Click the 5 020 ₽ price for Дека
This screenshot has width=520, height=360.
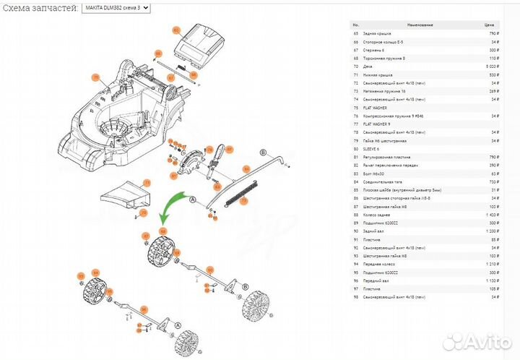click(490, 66)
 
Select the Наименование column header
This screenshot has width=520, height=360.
click(420, 25)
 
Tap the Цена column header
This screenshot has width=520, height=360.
click(489, 25)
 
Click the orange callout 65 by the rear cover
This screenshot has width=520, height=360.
click(175, 30)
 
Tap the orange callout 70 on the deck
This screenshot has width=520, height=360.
click(93, 77)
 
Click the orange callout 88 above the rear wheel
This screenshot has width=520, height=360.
click(162, 231)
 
